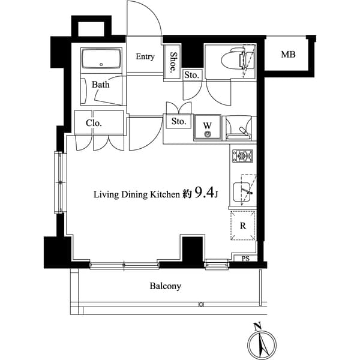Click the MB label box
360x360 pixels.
click(x=288, y=55)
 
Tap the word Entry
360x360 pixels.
click(x=145, y=57)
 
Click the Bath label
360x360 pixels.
click(x=101, y=85)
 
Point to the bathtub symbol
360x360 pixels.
click(x=101, y=60)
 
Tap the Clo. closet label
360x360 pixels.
click(x=94, y=123)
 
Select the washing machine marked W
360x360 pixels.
click(x=208, y=128)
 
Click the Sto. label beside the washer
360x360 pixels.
click(x=179, y=122)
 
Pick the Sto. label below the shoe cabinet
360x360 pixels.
click(x=191, y=75)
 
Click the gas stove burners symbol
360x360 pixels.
click(x=243, y=157)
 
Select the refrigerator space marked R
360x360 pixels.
click(x=243, y=227)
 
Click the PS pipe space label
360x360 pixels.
click(x=245, y=259)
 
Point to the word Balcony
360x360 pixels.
click(x=165, y=286)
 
